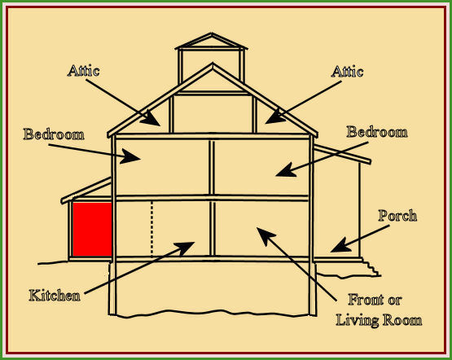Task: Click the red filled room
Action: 92,229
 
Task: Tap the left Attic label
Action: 84,71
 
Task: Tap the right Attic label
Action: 347,72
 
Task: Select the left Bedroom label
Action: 54,134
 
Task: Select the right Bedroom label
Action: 377,132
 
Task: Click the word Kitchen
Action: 55,296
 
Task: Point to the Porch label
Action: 397,216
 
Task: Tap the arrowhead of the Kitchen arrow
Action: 185,248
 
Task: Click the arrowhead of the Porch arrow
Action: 340,246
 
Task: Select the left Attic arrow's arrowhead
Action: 151,119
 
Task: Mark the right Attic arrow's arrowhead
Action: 275,117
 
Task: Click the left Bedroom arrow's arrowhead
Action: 130,156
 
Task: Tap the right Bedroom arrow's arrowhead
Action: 286,170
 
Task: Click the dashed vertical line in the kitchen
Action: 152,229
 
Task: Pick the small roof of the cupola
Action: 211,42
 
